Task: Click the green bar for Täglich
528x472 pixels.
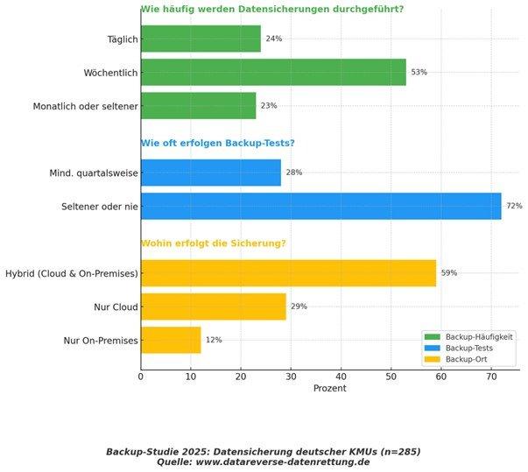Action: point(201,39)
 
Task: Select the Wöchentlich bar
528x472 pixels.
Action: point(273,72)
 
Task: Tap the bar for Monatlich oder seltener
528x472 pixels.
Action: point(198,105)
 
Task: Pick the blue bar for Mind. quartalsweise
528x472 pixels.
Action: point(210,173)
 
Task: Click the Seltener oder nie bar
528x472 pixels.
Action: point(320,206)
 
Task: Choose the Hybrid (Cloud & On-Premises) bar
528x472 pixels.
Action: point(288,273)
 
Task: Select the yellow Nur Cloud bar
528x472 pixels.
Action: point(213,306)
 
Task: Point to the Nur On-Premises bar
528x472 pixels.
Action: point(171,340)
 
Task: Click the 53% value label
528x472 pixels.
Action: point(419,72)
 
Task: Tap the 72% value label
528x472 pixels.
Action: point(514,206)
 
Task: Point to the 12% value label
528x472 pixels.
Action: point(214,340)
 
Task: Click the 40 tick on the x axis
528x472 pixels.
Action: point(341,377)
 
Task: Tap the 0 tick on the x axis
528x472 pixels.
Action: point(141,377)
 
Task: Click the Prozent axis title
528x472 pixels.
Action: point(329,388)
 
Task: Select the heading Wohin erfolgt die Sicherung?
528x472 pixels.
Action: point(214,243)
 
